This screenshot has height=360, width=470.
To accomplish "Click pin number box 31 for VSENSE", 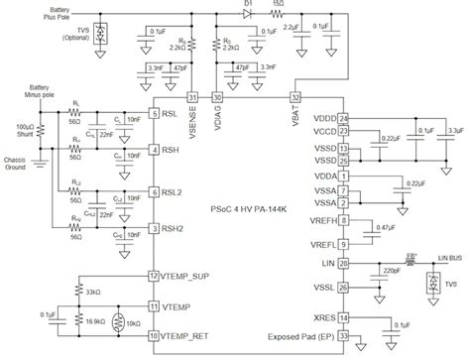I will click(x=193, y=96).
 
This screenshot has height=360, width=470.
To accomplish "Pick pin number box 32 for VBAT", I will click(x=294, y=96).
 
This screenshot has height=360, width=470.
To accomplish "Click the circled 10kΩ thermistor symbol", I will click(x=119, y=321).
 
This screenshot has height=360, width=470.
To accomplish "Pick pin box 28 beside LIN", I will click(x=344, y=264).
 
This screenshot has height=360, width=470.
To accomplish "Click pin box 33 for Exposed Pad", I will click(x=344, y=337).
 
